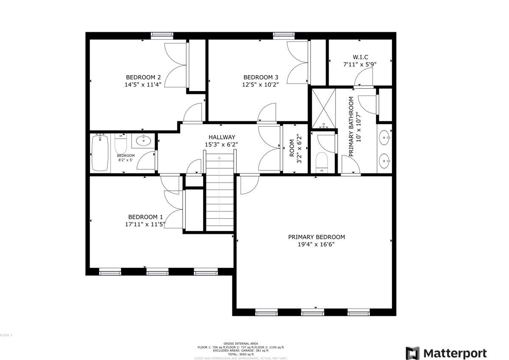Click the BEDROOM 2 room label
point(143,77)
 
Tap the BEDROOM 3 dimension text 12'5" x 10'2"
point(260,84)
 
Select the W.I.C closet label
point(360,57)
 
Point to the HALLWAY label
point(221,137)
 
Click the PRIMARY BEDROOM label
point(316,237)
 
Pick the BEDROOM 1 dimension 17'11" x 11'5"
point(145,225)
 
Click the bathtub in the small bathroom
point(100,153)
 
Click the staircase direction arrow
point(219,158)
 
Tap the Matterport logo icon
point(412,353)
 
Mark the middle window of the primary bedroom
point(309,313)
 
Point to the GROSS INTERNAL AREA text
point(241,343)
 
